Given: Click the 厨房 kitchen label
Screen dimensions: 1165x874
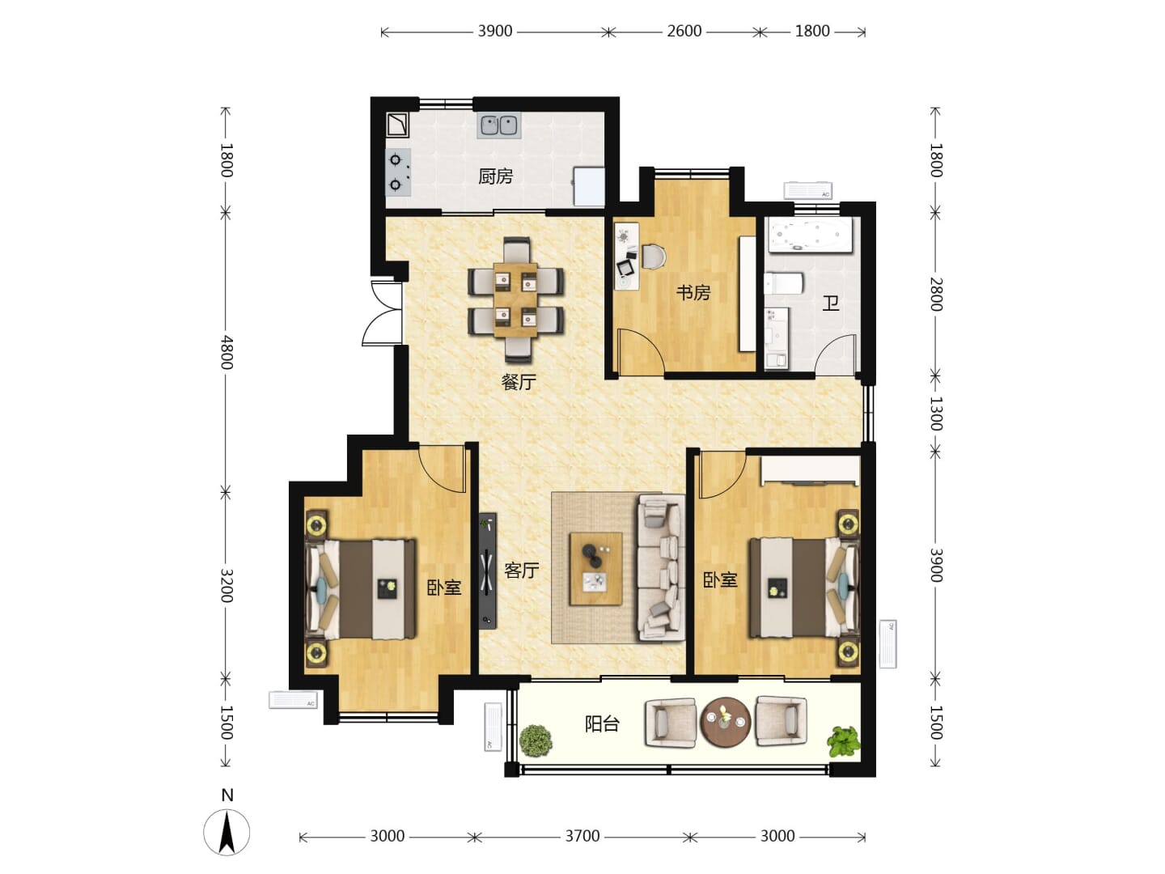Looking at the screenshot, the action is [495, 176].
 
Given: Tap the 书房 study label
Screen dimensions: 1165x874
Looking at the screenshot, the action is [693, 292].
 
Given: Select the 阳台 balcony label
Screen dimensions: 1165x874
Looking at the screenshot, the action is [602, 723].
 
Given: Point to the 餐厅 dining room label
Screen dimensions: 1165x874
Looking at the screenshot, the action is [519, 382].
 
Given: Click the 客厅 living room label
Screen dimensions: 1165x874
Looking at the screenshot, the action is [521, 571].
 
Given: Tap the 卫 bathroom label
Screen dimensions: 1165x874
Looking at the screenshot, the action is [831, 303].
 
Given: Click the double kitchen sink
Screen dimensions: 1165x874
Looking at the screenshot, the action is [498, 125].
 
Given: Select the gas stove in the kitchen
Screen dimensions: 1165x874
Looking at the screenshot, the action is [398, 172].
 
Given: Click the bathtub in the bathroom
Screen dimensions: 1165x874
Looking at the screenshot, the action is [808, 235].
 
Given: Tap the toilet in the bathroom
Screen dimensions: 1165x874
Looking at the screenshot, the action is [783, 283].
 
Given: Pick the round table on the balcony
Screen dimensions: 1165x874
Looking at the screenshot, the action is [725, 722].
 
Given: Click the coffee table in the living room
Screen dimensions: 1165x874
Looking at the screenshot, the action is [595, 569].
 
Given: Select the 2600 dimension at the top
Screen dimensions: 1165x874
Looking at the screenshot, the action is [684, 31].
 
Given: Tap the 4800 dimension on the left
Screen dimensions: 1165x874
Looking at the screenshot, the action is [227, 352].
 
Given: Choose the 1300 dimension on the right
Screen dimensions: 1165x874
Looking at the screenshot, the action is [935, 414].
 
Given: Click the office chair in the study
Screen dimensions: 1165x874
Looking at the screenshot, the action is [654, 257].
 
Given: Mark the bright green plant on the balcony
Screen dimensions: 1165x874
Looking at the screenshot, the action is [844, 741].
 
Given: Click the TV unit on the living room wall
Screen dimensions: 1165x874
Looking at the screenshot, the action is [487, 571].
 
